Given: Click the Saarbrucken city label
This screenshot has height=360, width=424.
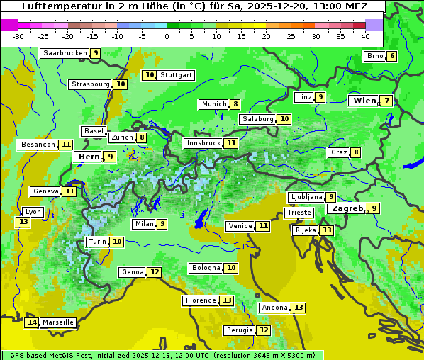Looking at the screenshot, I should coord(65,53).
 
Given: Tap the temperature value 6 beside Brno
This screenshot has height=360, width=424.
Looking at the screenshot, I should coord(391,57).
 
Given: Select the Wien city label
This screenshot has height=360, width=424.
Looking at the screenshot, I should coord(365,101).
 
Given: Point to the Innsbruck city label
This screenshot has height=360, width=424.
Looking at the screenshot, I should coord(203,143).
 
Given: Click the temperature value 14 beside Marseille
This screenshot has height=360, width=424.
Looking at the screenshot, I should coord(32,322).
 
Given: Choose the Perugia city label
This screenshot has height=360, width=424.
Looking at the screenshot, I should coord(239,330).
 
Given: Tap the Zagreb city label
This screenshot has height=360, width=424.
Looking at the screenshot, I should coord(347,208).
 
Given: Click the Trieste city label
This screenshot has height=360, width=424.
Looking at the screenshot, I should coord(299,213).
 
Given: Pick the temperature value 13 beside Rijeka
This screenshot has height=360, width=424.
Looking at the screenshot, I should coord(325,230).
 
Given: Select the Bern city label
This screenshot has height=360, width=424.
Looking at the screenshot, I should coord(89,157).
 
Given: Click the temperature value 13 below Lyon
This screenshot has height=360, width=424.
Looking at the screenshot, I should coord(23,222).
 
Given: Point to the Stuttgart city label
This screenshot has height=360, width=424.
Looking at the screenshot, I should coord(177,75).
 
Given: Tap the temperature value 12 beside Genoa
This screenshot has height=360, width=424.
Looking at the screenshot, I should coord(155,272).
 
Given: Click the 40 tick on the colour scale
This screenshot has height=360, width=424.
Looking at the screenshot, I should coord(365,36).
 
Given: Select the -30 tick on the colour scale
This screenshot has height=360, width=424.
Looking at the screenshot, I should coord(18,36).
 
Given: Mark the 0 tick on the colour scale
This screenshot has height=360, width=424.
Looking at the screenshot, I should coord(167,36).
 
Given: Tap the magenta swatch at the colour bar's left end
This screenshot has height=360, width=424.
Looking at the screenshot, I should coord(9,25).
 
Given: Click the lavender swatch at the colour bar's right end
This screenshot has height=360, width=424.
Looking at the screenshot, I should coord(374,25).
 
